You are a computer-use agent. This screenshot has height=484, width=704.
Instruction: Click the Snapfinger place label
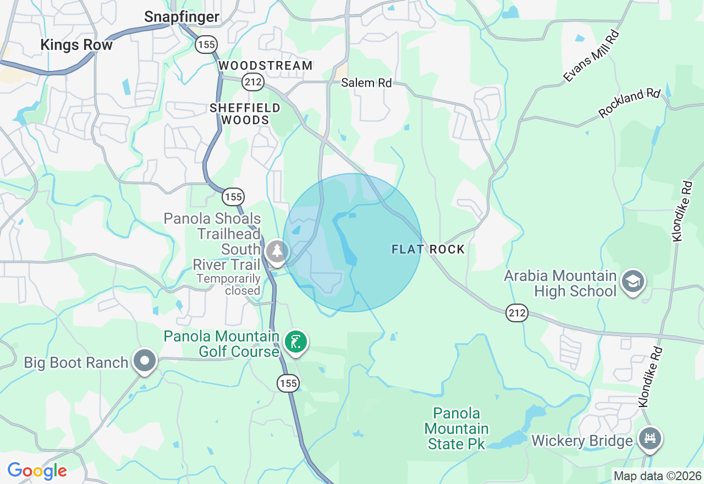pyautogui.click(x=182, y=17)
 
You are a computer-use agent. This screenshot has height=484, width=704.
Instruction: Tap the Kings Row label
pyautogui.click(x=76, y=45)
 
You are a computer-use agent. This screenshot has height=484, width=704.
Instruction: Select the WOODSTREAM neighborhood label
pyautogui.click(x=266, y=66)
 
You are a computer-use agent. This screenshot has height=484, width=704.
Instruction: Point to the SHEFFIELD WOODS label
pyautogui.click(x=245, y=114)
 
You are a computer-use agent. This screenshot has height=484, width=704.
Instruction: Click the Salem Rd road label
pyautogui.click(x=366, y=83)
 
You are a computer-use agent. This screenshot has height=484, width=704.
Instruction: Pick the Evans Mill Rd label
pyautogui.click(x=592, y=57)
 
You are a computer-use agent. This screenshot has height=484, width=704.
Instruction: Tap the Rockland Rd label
pyautogui.click(x=629, y=103)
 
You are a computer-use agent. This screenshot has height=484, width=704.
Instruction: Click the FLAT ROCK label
pyautogui.click(x=428, y=250)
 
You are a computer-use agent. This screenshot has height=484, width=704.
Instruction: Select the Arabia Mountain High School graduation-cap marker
pyautogui.click(x=633, y=282)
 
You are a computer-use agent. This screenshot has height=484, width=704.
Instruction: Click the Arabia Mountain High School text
pyautogui.click(x=560, y=283)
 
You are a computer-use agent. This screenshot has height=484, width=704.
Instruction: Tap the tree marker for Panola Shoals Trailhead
pyautogui.click(x=276, y=252)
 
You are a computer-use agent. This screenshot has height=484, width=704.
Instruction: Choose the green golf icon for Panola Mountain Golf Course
pyautogui.click(x=296, y=342)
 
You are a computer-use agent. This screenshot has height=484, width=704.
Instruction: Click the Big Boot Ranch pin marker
pyautogui.click(x=145, y=361)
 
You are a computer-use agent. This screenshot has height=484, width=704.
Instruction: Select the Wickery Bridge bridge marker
pyautogui.click(x=651, y=439)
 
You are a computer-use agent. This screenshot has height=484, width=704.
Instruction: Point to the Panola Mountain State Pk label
pyautogui.click(x=457, y=428)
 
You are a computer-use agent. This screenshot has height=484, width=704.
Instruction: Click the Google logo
pyautogui.click(x=37, y=471)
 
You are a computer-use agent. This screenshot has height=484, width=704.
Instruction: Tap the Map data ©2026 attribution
pyautogui.click(x=657, y=476)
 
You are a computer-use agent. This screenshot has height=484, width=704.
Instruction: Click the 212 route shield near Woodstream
pyautogui.click(x=254, y=82)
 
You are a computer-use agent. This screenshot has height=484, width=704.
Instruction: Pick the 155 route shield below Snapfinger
pyautogui.click(x=206, y=45)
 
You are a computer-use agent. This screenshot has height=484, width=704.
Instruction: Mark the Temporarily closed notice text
pyautogui.click(x=228, y=284)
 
